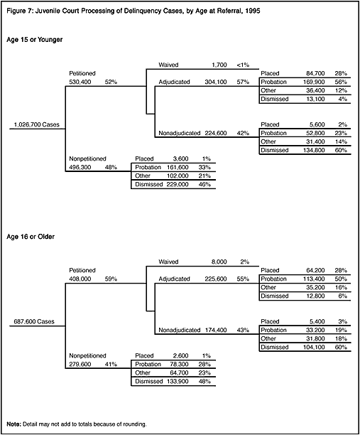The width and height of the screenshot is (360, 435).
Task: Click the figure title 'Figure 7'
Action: coord(19,11)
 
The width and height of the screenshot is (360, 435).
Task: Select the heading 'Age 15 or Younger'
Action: coord(35,40)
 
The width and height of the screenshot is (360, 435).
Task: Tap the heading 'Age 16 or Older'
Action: coord(31,237)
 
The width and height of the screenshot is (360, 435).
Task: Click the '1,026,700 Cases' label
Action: coord(37,124)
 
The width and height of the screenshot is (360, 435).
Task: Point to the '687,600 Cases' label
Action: coord(34,321)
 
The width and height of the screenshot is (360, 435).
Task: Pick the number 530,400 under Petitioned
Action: coord(80,82)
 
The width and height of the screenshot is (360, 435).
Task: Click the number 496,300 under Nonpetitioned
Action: coord(80,167)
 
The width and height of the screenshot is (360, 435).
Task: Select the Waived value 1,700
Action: coord(219,65)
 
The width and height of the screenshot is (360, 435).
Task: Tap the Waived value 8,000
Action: coord(219,262)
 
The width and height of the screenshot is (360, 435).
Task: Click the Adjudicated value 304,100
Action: coord(216,82)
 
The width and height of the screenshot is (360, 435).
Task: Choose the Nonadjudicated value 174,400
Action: coord(216,330)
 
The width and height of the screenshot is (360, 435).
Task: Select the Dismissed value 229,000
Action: coord(178,184)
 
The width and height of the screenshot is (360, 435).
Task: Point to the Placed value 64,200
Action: coord(315,270)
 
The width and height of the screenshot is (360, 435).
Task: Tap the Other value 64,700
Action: coord(179,372)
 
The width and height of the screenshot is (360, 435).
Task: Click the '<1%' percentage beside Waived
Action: coord(243,65)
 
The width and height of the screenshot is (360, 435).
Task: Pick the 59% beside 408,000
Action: coord(111,279)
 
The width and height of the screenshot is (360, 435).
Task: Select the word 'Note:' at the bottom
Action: coord(14,424)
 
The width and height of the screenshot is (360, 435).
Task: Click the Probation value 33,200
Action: coord(315,330)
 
